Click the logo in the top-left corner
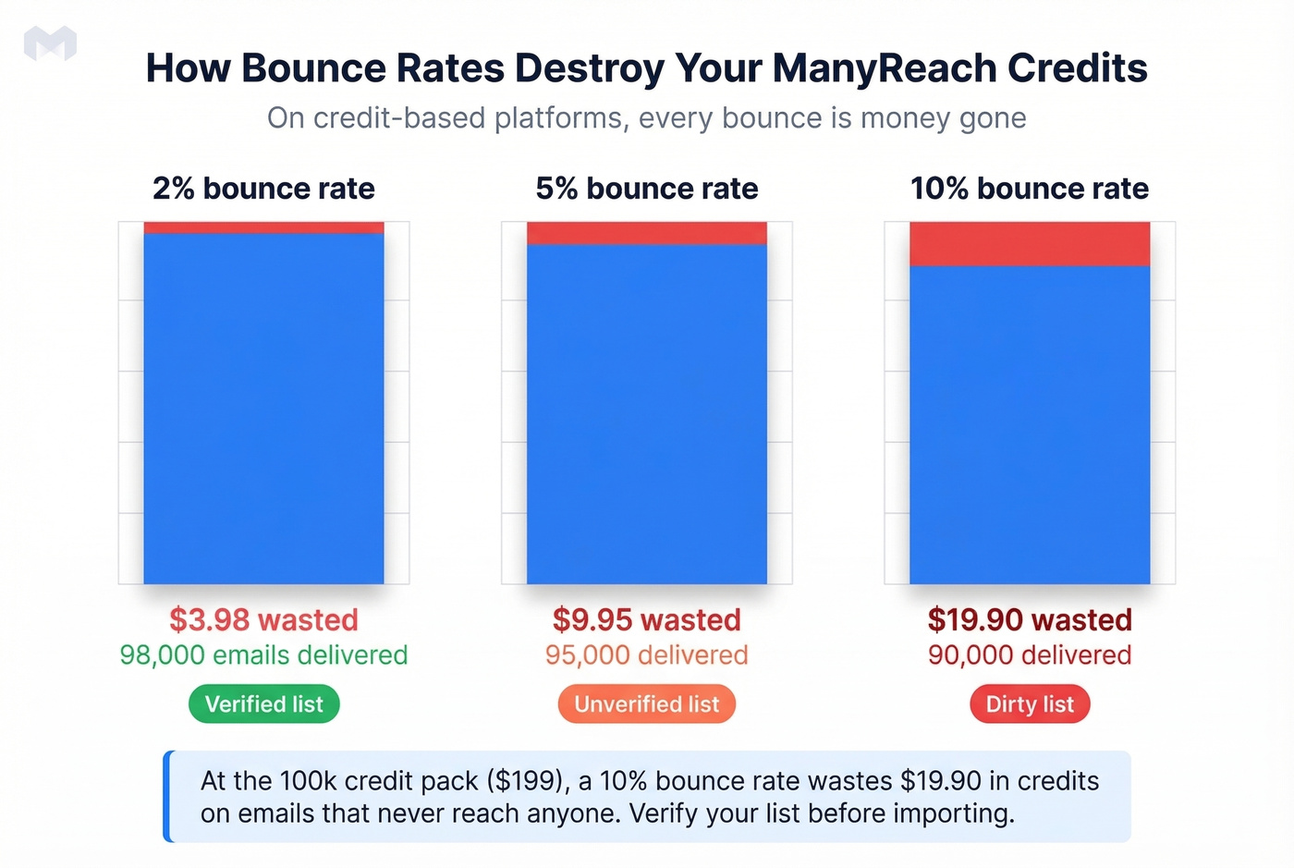pyautogui.click(x=50, y=43)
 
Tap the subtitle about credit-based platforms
pyautogui.click(x=646, y=118)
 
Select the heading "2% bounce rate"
pyautogui.click(x=263, y=189)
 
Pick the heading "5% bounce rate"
pyautogui.click(x=646, y=189)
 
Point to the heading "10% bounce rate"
pyautogui.click(x=1029, y=189)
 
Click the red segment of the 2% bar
pyautogui.click(x=263, y=227)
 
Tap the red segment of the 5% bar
pyautogui.click(x=646, y=233)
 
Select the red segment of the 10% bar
pyautogui.click(x=1030, y=244)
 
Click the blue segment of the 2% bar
pyautogui.click(x=263, y=407)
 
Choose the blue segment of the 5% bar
pyautogui.click(x=646, y=413)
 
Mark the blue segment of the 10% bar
pyautogui.click(x=1030, y=424)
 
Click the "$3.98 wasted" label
pyautogui.click(x=263, y=619)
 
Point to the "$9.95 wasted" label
pyautogui.click(x=646, y=619)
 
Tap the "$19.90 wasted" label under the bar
pyautogui.click(x=1030, y=619)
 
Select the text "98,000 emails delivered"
pyautogui.click(x=263, y=655)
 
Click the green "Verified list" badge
pyautogui.click(x=263, y=704)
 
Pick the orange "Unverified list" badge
pyautogui.click(x=646, y=704)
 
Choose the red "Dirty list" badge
pyautogui.click(x=1030, y=704)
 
